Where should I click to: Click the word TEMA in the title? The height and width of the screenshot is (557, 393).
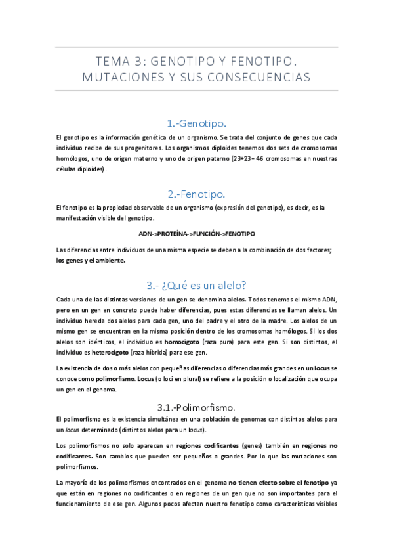click(113, 62)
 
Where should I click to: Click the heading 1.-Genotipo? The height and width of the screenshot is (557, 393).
click(196, 123)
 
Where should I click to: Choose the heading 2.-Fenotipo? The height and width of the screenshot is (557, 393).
click(196, 194)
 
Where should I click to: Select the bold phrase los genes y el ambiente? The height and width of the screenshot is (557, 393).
click(91, 260)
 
